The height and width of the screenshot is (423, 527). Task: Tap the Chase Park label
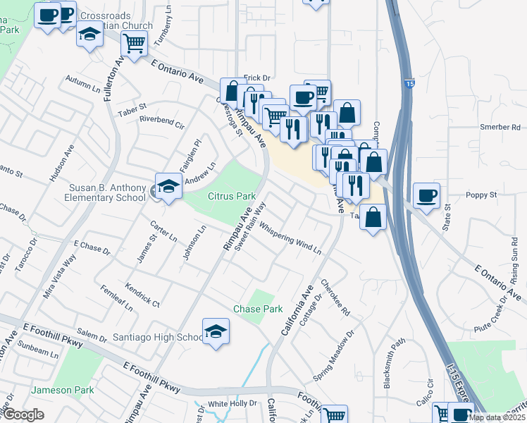coord(258,309)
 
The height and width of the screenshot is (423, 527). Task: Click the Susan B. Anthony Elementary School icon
coord(168,188)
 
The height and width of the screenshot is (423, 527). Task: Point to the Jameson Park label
coord(62,390)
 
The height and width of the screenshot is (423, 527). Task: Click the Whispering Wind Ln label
coord(290,239)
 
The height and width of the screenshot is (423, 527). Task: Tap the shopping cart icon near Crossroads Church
coord(134,43)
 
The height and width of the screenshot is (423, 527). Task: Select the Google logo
coord(23,415)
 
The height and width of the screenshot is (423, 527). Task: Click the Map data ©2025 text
coord(496,417)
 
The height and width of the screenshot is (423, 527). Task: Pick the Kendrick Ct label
coord(142,294)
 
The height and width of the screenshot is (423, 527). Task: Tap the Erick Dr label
coord(257,77)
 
